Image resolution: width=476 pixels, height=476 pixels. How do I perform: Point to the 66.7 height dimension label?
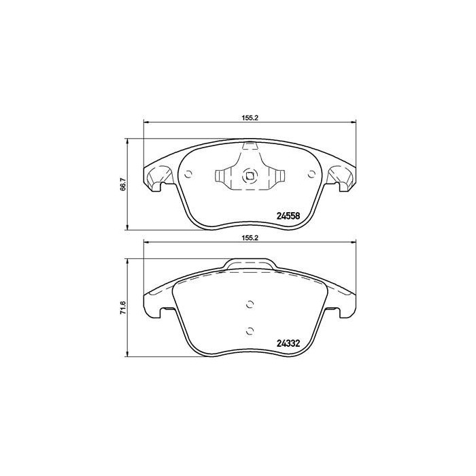[122, 184]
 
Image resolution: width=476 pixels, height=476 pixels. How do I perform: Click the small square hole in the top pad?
[250, 177]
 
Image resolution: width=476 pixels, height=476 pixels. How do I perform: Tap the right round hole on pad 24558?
[311, 175]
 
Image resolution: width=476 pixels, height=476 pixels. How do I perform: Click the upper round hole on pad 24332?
[250, 305]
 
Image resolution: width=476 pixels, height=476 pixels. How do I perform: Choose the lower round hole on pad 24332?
[250, 330]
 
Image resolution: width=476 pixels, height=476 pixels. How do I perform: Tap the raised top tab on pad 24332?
[250, 263]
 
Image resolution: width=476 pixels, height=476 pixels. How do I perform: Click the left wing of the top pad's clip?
[223, 177]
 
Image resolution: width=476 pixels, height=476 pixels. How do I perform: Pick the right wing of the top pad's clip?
[275, 177]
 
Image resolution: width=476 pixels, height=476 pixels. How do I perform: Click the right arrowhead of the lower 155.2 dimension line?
[353, 245]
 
